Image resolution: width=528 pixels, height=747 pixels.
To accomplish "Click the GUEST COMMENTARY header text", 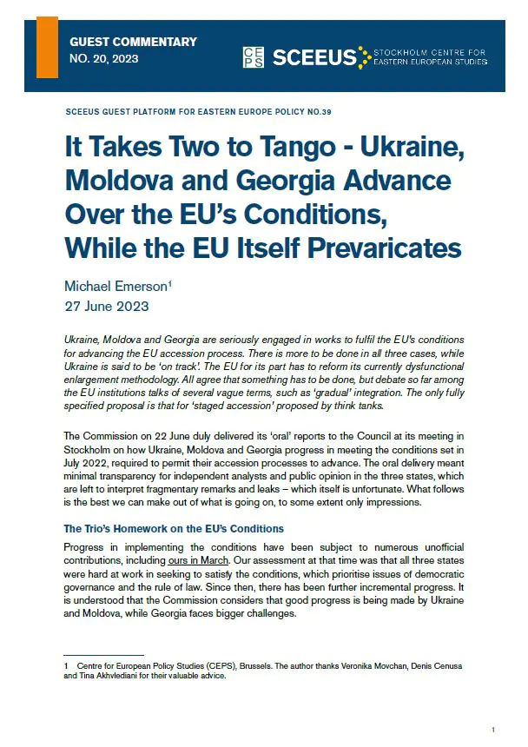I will (133, 42).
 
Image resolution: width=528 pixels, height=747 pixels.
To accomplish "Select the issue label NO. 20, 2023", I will (103, 59).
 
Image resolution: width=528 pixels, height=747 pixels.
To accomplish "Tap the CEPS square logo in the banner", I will (254, 57).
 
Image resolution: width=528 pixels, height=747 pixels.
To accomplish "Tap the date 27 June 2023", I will (106, 307).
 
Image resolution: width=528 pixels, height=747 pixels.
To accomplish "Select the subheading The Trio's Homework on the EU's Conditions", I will (174, 529).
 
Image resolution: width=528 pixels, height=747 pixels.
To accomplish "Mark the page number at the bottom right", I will (493, 730).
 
